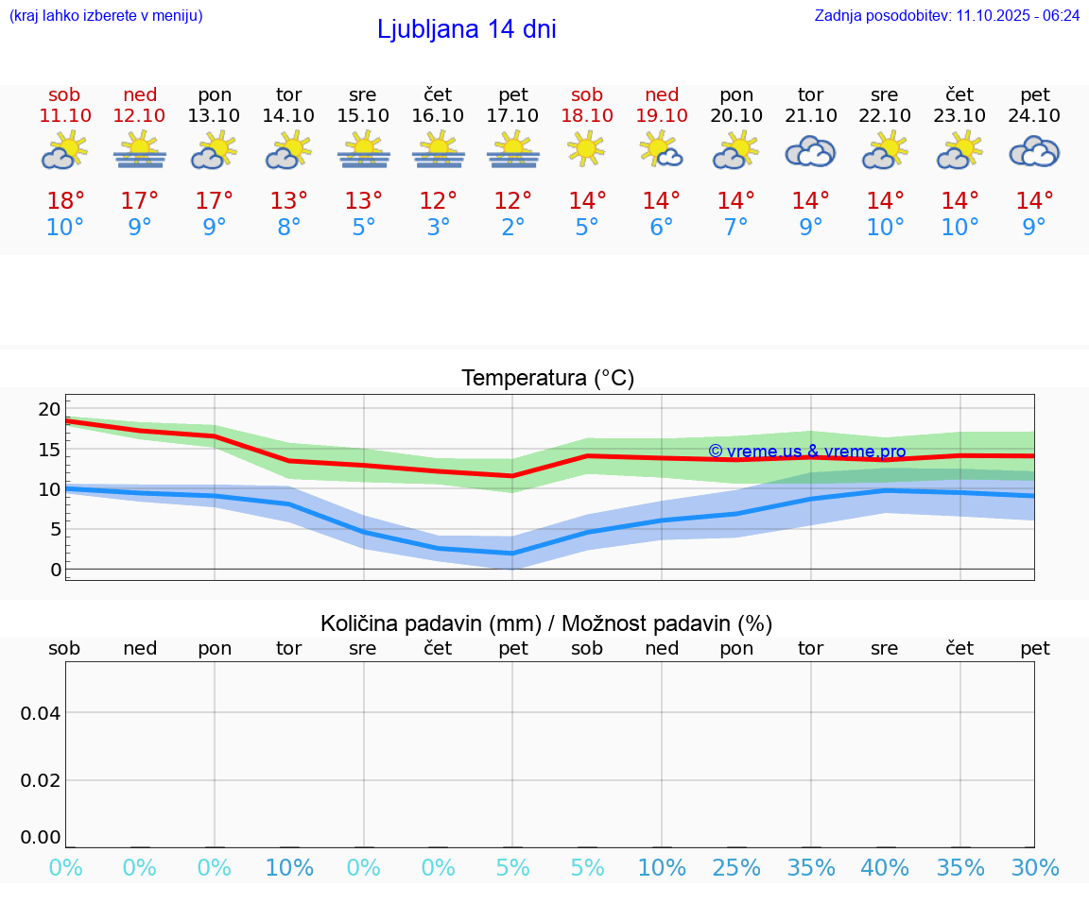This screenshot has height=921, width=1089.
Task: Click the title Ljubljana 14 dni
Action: point(466,29)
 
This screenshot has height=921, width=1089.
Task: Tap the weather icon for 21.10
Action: point(810,152)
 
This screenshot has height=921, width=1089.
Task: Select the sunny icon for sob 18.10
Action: point(586,148)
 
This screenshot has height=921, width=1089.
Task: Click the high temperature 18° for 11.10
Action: point(65,201)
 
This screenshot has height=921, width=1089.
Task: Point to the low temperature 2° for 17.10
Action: point(512,228)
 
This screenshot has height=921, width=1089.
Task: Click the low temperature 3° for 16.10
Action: point(438,228)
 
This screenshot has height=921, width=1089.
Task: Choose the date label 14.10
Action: point(288,115)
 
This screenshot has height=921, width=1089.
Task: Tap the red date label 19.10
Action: point(662,115)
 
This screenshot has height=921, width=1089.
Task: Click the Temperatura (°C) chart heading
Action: point(547,379)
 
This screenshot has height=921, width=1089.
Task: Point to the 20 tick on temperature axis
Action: point(49,409)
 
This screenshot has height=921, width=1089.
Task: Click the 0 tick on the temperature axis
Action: point(56,569)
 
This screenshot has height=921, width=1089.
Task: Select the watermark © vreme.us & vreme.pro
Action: point(806,452)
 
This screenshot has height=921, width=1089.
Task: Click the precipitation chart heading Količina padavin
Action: point(546,623)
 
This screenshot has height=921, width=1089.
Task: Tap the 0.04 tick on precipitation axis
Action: point(41,713)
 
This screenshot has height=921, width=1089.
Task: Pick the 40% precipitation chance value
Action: point(885,868)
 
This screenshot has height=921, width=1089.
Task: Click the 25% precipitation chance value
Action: point(736,868)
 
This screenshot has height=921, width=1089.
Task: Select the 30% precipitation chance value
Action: point(1034,868)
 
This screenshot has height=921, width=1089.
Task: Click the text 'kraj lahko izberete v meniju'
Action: point(105,15)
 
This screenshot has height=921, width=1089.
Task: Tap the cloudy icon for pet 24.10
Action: point(1034,152)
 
